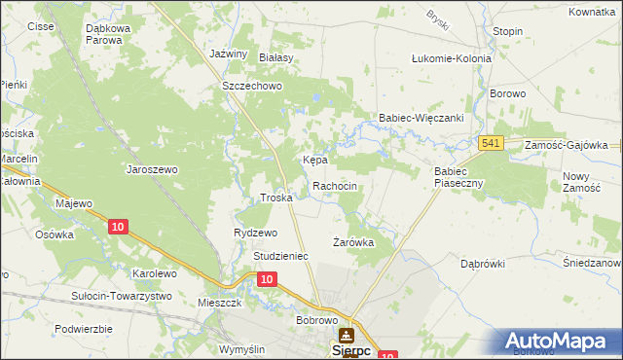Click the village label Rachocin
(x=340, y=185)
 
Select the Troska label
(x=276, y=198)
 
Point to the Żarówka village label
(x=353, y=242)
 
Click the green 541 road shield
(x=491, y=144)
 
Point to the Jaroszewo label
(x=152, y=168)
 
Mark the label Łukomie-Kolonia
(x=452, y=58)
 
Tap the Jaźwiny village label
(x=230, y=54)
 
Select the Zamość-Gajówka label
(x=566, y=144)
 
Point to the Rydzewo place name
(x=256, y=233)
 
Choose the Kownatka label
(x=593, y=12)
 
